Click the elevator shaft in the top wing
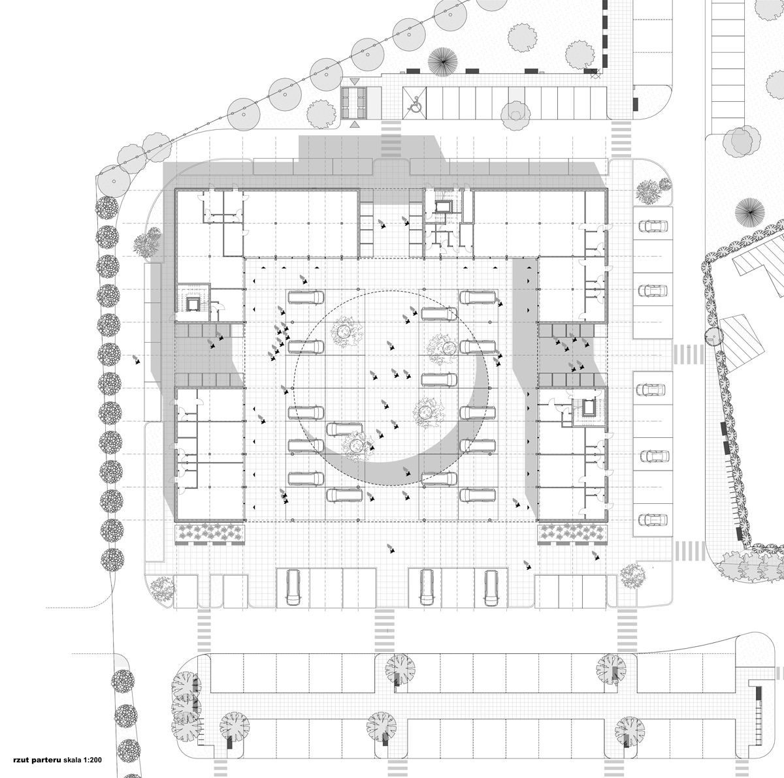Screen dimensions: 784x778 [x=442, y=207]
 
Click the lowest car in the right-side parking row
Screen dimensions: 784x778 [x=653, y=519]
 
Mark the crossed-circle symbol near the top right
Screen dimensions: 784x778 [x=595, y=74]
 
